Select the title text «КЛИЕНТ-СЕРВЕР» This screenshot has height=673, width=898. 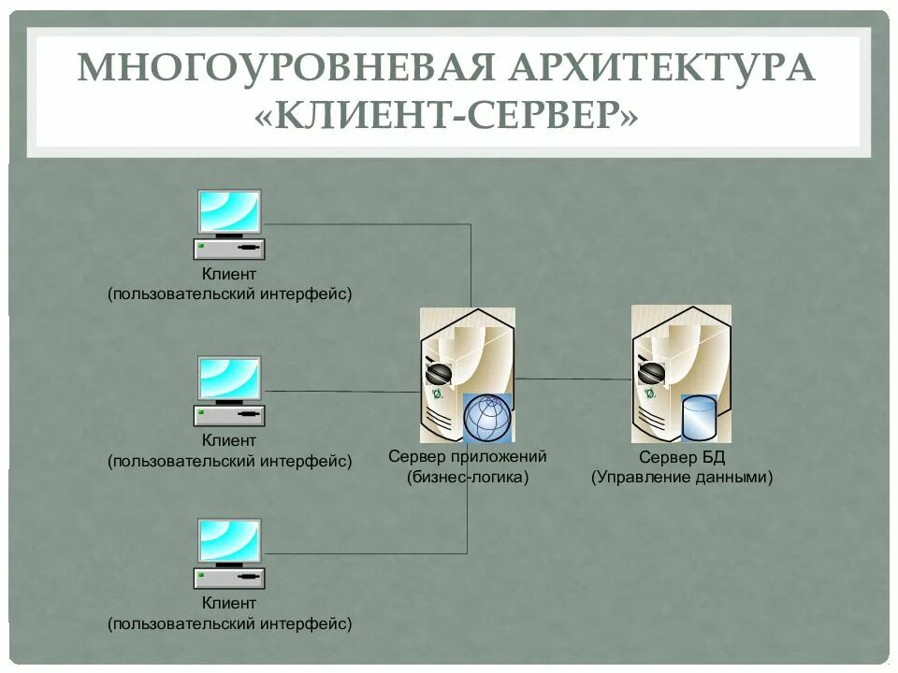coord(448,117)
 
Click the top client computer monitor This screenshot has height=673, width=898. coord(229,212)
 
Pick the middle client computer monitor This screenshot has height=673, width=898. coord(229,378)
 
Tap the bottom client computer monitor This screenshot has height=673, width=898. coord(229,541)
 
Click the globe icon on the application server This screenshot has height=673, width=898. coord(488,418)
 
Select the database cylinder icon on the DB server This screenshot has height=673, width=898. coord(699,418)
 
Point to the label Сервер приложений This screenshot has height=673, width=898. coord(468,457)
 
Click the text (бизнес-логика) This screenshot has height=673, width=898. coord(468,477)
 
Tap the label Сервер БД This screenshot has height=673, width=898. coord(682,457)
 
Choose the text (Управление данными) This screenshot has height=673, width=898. coord(682,477)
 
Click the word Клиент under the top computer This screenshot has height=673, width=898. coord(229,274)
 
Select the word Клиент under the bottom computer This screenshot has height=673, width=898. coord(229,604)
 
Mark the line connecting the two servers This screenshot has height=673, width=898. coord(572,379)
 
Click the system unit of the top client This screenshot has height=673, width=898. coord(229,250)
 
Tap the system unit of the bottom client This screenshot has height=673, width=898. coord(229,579)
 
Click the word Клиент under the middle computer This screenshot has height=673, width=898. coord(229,439)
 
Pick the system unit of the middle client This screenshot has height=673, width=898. coord(229,415)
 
